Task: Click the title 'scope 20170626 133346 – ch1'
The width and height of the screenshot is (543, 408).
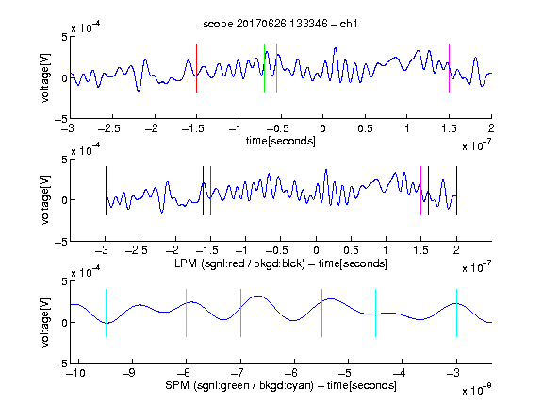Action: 280,24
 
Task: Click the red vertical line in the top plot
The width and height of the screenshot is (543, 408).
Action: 196,68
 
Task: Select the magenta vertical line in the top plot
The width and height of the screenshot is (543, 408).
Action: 449,68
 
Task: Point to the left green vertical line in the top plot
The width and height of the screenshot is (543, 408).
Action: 264,68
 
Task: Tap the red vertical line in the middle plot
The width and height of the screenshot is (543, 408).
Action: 210,191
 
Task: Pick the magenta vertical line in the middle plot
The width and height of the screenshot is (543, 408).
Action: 420,191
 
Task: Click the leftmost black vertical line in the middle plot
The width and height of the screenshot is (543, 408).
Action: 106,191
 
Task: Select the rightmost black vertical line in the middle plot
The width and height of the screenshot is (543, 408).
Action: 456,191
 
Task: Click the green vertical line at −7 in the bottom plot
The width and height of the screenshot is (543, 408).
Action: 240,313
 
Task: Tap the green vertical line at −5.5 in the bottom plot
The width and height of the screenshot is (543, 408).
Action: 321,313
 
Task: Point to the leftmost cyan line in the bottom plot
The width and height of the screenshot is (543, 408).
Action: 106,313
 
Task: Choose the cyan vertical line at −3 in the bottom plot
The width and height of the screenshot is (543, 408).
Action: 456,313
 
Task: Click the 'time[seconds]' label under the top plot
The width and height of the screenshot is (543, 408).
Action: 281,141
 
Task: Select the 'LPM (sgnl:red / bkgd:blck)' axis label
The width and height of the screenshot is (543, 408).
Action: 239,263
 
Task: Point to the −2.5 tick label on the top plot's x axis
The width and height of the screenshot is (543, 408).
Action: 109,128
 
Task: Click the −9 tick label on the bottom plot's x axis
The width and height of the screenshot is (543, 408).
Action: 129,373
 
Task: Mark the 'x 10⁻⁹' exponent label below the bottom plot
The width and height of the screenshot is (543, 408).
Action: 477,390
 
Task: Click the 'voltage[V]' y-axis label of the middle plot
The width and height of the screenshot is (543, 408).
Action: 45,200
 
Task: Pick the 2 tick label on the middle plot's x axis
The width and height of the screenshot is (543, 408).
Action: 456,250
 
